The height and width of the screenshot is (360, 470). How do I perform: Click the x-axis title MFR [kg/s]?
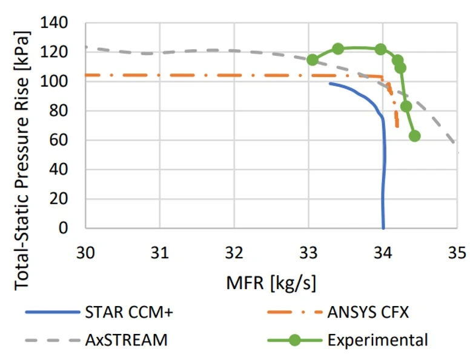coord(271,282)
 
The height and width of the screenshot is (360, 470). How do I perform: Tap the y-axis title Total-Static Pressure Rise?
coord(23,125)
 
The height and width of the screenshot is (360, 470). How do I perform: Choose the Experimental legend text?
coord(377,340)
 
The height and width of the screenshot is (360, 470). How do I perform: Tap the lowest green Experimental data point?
coord(414,136)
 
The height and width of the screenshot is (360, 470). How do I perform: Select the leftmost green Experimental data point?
coord(312,59)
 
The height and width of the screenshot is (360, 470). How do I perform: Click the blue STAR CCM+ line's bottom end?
coord(383,228)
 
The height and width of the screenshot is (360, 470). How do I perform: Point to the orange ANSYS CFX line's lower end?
coord(397,126)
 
